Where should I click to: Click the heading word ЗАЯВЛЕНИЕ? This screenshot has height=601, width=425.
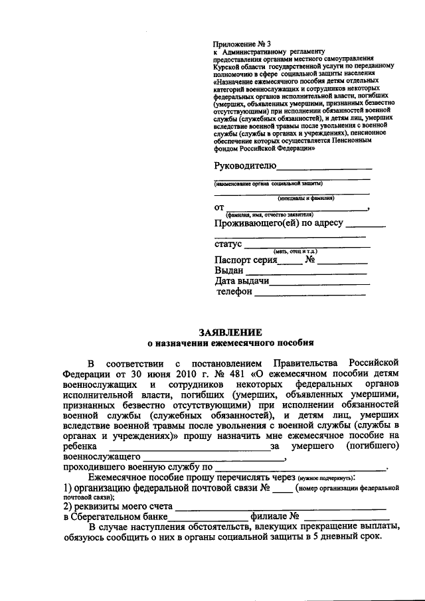pyautogui.click(x=231, y=331)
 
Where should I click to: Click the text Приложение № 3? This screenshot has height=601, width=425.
pyautogui.click(x=238, y=44)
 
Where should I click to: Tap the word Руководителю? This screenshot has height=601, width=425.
pyautogui.click(x=244, y=165)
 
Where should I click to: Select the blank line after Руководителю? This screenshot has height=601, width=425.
pyautogui.click(x=324, y=168)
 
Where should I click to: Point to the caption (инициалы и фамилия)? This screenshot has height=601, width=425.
pyautogui.click(x=305, y=198)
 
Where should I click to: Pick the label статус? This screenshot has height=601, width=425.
pyautogui.click(x=228, y=245)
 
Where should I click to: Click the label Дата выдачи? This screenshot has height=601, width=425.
pyautogui.click(x=241, y=282)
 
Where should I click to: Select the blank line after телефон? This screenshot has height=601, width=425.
pyautogui.click(x=309, y=293)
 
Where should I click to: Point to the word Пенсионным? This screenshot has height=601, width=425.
pyautogui.click(x=363, y=141)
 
